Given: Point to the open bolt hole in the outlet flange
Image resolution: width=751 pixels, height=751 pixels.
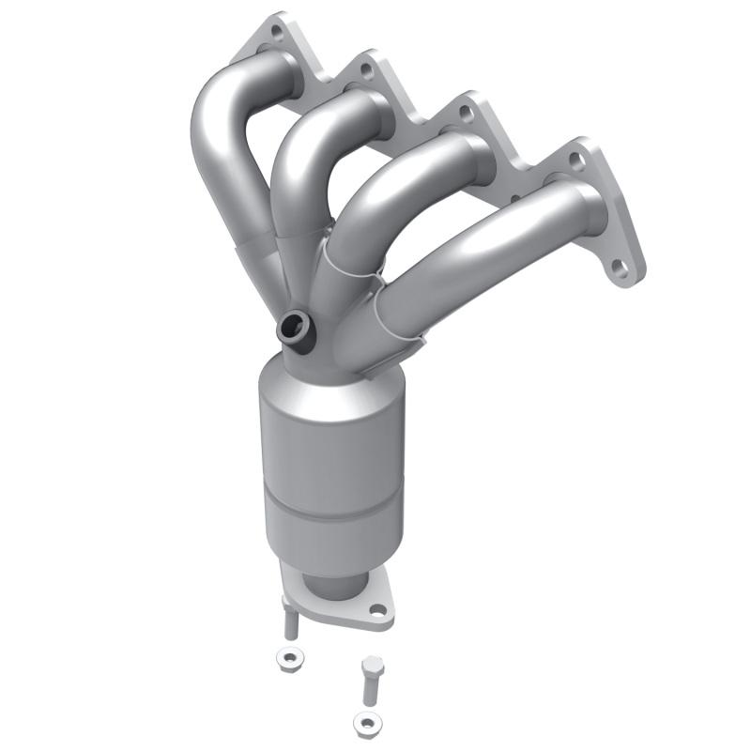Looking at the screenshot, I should click(x=377, y=610).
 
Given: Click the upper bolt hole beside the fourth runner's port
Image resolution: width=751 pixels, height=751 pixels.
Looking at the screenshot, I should click(x=576, y=161).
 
